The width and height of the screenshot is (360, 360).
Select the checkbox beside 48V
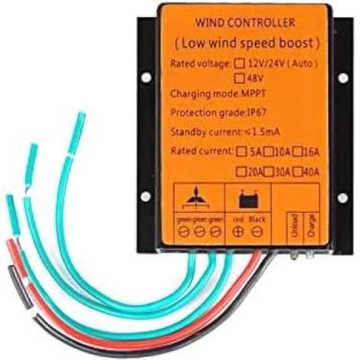click(240, 80)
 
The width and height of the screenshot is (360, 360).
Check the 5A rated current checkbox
click(240, 151)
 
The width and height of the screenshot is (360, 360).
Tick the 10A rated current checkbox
click(271, 151)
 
